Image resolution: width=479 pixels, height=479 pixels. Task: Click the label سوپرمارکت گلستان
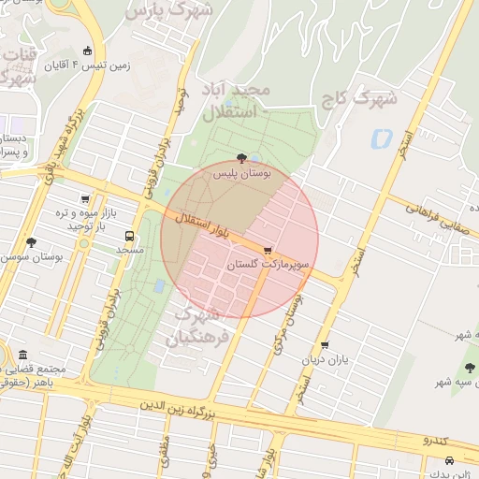268,266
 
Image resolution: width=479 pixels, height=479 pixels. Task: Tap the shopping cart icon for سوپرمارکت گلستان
269,251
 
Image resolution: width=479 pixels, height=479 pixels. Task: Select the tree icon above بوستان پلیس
243,158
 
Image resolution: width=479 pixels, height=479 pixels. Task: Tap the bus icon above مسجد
129,236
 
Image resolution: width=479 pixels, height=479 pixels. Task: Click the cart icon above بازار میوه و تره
86,198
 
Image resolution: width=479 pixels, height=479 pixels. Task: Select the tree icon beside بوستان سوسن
31,241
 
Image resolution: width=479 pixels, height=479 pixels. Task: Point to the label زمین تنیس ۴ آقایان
119,66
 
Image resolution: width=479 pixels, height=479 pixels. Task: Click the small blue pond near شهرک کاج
381,139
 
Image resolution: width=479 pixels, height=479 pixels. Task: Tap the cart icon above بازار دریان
325,345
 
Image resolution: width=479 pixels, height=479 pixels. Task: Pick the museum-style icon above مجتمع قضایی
22,355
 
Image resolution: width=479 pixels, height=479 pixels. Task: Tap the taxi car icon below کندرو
450,460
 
